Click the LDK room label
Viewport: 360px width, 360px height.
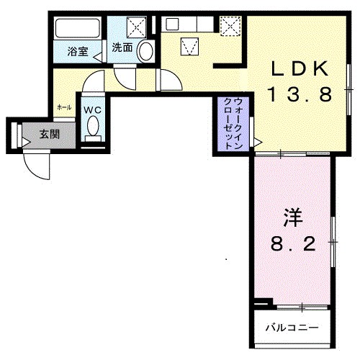(x=300, y=69)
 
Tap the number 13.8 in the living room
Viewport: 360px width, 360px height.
(x=300, y=94)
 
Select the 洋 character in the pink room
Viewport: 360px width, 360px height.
(x=293, y=217)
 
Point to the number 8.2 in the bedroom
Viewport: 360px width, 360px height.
(x=293, y=243)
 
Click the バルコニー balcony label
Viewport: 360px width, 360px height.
(x=292, y=328)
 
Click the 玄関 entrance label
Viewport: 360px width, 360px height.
(x=50, y=134)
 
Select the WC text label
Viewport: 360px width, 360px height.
(x=92, y=110)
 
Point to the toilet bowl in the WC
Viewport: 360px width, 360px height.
(x=93, y=126)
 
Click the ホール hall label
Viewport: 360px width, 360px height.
(x=64, y=107)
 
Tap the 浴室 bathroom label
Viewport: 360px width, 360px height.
(x=78, y=51)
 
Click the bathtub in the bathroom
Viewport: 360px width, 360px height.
(x=77, y=28)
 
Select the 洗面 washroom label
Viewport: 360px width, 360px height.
(x=122, y=48)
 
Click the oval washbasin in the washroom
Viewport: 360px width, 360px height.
(x=146, y=51)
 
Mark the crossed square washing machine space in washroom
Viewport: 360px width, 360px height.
(x=136, y=27)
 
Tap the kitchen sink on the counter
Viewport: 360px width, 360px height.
(x=172, y=24)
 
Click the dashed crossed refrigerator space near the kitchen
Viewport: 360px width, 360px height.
(x=230, y=26)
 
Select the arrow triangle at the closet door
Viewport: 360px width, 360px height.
(x=258, y=143)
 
